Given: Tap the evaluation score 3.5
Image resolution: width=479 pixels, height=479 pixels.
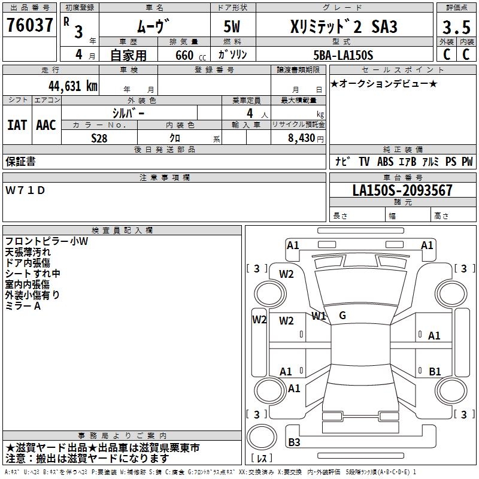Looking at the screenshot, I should (x=455, y=27).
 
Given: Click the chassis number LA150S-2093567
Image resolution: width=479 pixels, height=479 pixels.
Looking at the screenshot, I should (x=402, y=191).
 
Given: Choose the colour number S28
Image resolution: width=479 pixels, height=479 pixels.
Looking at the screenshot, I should (x=100, y=138).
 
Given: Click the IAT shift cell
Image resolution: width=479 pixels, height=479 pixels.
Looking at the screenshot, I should (x=17, y=125).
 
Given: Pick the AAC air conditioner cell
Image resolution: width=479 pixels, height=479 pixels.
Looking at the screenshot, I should (x=46, y=125).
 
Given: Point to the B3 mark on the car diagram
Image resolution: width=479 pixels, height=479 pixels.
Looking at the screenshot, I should (x=294, y=442).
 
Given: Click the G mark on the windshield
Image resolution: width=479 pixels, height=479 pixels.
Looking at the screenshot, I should (x=342, y=316).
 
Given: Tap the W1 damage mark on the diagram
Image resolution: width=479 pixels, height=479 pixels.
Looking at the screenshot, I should (x=319, y=316).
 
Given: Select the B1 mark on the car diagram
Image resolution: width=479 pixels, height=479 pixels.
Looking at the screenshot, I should (x=435, y=372).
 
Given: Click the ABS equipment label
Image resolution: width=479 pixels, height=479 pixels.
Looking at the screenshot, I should (x=386, y=162).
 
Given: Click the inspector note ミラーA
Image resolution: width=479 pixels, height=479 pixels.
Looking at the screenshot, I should (x=23, y=306).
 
